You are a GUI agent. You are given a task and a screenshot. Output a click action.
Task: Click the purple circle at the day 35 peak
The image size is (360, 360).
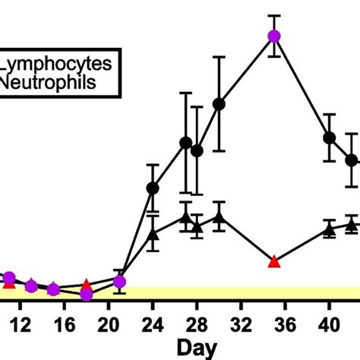click(x=274, y=36)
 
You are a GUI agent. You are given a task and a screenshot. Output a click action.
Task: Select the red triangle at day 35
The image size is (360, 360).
click(x=274, y=262)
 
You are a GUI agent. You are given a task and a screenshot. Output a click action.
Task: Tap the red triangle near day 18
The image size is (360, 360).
click(x=87, y=285)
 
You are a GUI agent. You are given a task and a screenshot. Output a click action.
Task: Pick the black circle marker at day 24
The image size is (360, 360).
click(x=153, y=188)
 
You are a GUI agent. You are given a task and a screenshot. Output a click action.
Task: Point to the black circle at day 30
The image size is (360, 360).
click(x=219, y=104)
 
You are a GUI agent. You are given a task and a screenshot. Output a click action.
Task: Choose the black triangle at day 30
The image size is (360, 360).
click(x=219, y=218)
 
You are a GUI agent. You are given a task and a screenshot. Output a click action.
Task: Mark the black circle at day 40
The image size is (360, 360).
click(x=330, y=137)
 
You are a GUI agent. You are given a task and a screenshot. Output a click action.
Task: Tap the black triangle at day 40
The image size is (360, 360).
click(x=330, y=228)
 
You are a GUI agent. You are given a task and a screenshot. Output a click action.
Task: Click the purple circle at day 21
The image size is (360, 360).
click(x=119, y=282)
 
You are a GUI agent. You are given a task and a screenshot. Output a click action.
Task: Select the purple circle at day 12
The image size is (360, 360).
click(x=31, y=286)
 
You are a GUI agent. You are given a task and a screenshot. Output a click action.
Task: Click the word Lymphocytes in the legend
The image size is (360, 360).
click(x=53, y=66)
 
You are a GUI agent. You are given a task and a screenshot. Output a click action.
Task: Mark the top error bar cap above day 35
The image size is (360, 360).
click(x=274, y=15)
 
